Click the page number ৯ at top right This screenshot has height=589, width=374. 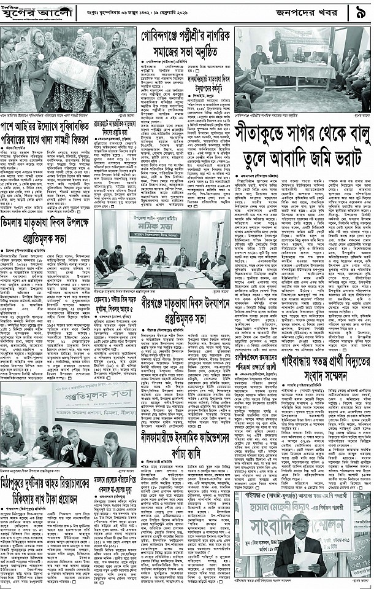[x=359, y=11]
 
